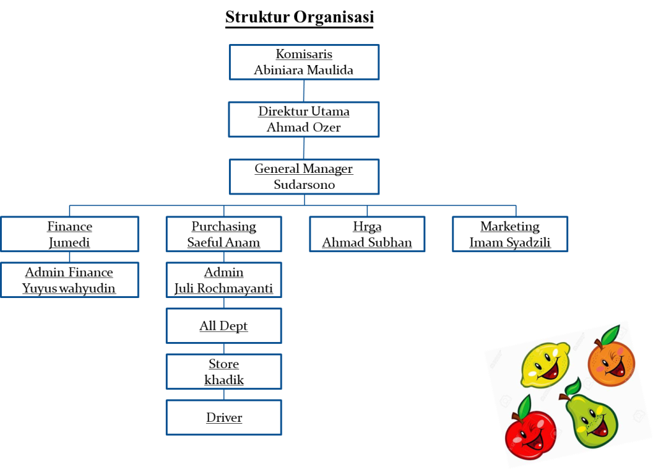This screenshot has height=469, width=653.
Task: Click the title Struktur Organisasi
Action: pyautogui.click(x=300, y=17)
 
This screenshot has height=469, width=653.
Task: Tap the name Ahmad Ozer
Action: pyautogui.click(x=304, y=127)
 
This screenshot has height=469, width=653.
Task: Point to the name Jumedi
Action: pyautogui.click(x=69, y=242)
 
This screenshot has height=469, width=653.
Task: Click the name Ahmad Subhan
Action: pyautogui.click(x=367, y=242)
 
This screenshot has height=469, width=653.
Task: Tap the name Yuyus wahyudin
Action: pyautogui.click(x=69, y=288)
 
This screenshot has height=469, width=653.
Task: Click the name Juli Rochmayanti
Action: pyautogui.click(x=224, y=288)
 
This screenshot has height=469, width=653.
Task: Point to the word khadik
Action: pyautogui.click(x=224, y=380)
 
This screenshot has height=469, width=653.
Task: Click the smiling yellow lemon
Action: pyautogui.click(x=545, y=364)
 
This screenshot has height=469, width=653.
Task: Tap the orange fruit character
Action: pyautogui.click(x=611, y=361)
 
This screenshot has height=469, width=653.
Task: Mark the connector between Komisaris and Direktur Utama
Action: pyautogui.click(x=304, y=91)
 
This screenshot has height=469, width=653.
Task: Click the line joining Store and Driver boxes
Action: pyautogui.click(x=224, y=394)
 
